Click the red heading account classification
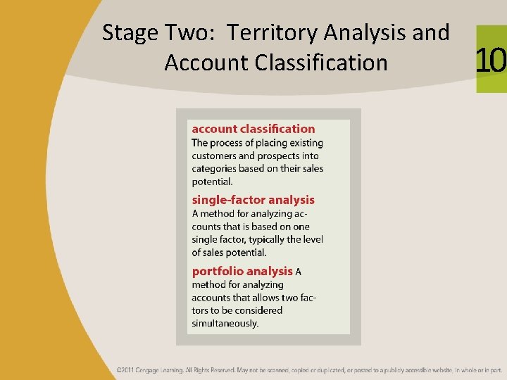(x=254, y=129)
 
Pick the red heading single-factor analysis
(x=253, y=200)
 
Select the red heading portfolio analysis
(x=242, y=271)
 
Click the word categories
(x=214, y=169)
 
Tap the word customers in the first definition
(x=214, y=156)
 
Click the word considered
(x=258, y=310)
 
